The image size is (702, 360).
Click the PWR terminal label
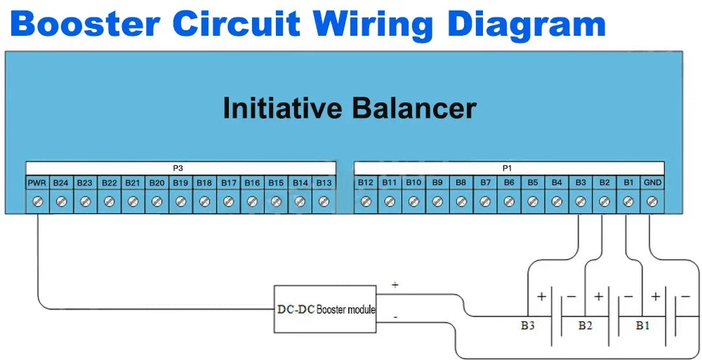point(37,183)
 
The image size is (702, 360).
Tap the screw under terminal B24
point(61,201)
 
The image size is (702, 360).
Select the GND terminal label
point(652,183)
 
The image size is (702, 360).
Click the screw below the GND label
point(652,201)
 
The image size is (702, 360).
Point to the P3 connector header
point(178,168)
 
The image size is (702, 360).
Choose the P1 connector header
point(507,168)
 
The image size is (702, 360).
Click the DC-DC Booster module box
point(325,309)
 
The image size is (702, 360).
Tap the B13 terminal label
point(324,183)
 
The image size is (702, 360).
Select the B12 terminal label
point(366,183)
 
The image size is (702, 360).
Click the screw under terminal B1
point(628,201)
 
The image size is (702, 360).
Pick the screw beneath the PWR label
point(37,201)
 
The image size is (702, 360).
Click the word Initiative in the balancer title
point(282,109)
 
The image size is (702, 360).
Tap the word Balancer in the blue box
point(413,109)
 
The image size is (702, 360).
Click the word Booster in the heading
point(86,25)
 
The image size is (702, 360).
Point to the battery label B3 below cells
point(528,326)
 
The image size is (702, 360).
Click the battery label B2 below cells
point(585,326)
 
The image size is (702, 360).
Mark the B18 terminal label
point(204,183)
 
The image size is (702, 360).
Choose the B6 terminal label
point(509,183)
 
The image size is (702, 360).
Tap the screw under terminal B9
point(437,201)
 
